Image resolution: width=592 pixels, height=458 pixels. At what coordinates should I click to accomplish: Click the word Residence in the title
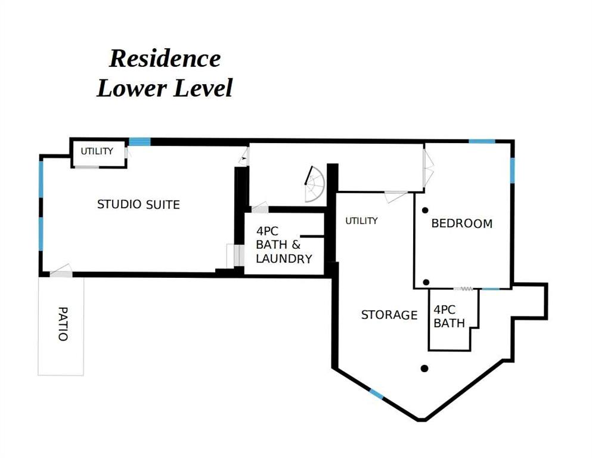pyautogui.click(x=165, y=58)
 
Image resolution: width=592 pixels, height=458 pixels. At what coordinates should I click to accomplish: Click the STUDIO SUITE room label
pyautogui.click(x=138, y=205)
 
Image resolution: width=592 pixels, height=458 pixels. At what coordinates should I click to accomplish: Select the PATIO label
pyautogui.click(x=63, y=324)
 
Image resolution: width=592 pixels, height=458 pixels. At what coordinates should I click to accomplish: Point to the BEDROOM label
pyautogui.click(x=462, y=223)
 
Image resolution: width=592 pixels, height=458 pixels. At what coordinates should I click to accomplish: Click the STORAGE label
pyautogui.click(x=389, y=315)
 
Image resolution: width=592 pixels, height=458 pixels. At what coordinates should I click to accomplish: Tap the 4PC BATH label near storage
pyautogui.click(x=449, y=317)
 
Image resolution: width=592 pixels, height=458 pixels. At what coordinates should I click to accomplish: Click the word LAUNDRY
pyautogui.click(x=284, y=259)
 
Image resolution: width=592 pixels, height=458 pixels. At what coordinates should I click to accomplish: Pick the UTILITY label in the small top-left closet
pyautogui.click(x=97, y=151)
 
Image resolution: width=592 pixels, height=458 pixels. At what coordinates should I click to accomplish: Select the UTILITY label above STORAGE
pyautogui.click(x=361, y=221)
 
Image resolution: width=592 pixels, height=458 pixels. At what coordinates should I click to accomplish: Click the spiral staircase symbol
pyautogui.click(x=314, y=184)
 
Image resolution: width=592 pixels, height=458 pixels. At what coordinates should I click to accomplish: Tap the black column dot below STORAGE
pyautogui.click(x=424, y=369)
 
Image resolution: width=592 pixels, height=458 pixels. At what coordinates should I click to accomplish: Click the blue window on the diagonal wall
pyautogui.click(x=376, y=394)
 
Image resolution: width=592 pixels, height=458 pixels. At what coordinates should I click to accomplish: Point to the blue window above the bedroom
pyautogui.click(x=482, y=141)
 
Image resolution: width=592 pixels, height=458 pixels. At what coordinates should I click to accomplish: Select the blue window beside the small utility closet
pyautogui.click(x=140, y=141)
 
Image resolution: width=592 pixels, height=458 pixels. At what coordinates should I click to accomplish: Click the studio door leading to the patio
pyautogui.click(x=61, y=271)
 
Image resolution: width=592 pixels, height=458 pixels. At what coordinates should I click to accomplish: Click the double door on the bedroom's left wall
pyautogui.click(x=429, y=168)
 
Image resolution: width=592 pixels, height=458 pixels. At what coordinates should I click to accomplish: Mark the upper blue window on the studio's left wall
pyautogui.click(x=41, y=179)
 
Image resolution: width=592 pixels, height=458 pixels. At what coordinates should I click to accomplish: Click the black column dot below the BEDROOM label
pyautogui.click(x=426, y=282)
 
